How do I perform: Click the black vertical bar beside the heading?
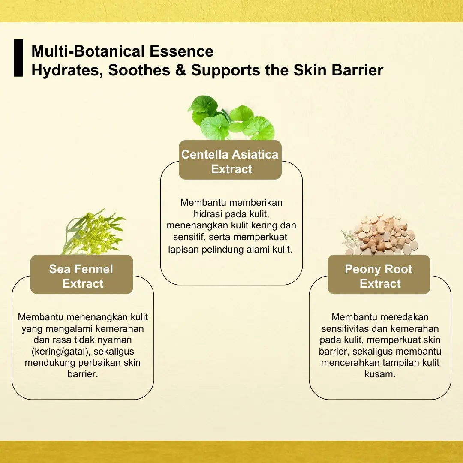pyautogui.click(x=18, y=58)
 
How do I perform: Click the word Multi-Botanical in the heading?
pyautogui.click(x=88, y=51)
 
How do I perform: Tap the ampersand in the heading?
pyautogui.click(x=180, y=70)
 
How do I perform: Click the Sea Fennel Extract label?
pyautogui.click(x=81, y=274)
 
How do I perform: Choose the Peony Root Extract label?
pyautogui.click(x=379, y=274)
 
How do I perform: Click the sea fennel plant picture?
pyautogui.click(x=93, y=232)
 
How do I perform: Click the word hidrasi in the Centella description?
pyautogui.click(x=208, y=214)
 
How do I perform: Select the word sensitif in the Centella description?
pyautogui.click(x=189, y=237)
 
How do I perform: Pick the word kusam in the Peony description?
pyautogui.click(x=380, y=374)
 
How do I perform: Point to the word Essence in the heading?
pyautogui.click(x=182, y=51)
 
